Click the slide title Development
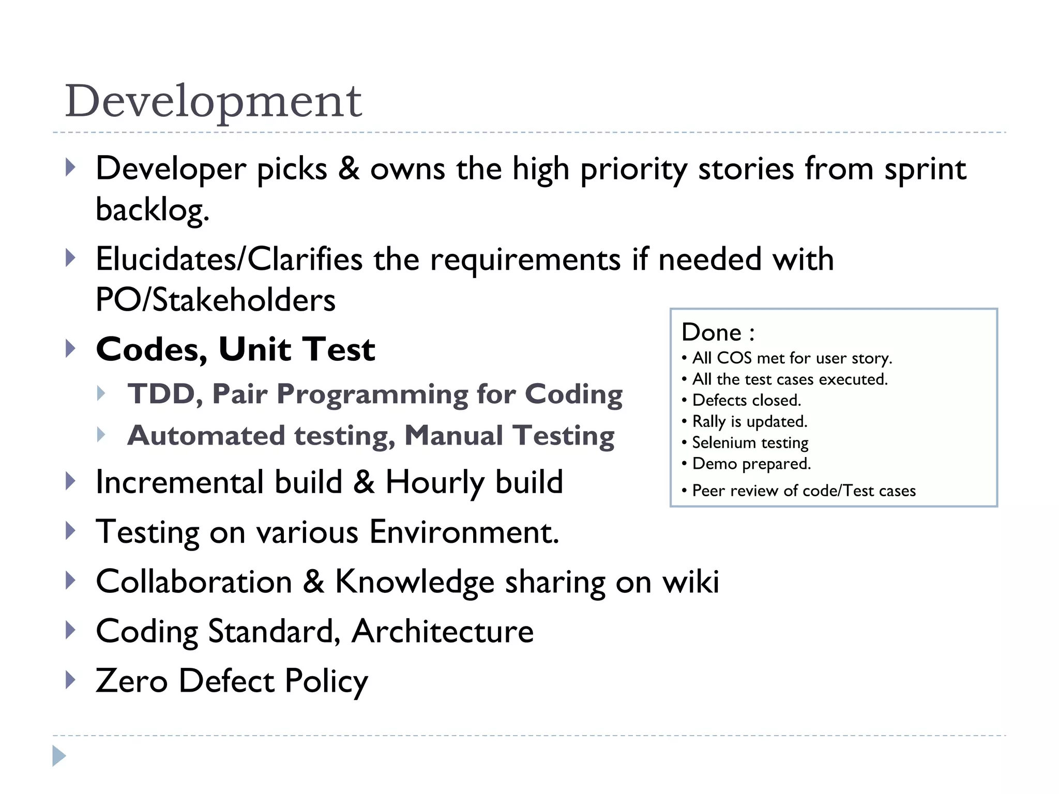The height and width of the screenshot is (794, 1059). (x=213, y=101)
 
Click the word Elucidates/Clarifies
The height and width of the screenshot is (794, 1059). (x=229, y=259)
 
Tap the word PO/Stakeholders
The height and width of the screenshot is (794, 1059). (x=216, y=300)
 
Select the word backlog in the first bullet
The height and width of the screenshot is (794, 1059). (x=152, y=210)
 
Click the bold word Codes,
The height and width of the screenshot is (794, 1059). (x=152, y=350)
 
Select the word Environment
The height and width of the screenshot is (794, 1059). (x=464, y=532)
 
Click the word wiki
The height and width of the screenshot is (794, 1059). (x=691, y=582)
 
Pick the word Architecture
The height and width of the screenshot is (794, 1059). (x=442, y=631)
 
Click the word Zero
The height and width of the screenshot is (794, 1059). (x=132, y=681)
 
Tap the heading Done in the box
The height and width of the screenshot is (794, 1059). (x=712, y=332)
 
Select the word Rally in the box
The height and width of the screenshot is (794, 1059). (x=709, y=421)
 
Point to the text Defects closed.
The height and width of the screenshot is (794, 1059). (x=746, y=400)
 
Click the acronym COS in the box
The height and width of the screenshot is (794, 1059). (x=734, y=358)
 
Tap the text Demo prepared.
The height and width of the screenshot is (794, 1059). (x=751, y=464)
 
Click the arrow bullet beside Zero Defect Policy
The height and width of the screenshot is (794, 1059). (x=71, y=680)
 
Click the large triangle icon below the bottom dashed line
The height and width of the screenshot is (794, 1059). (x=59, y=756)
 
